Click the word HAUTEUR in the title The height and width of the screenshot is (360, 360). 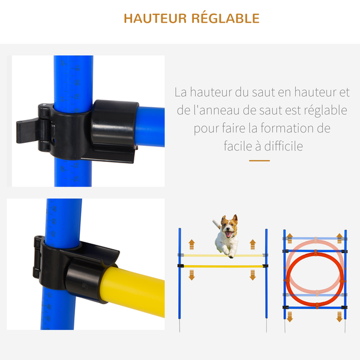coord(154,18)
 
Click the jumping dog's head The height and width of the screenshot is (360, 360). coord(229,226)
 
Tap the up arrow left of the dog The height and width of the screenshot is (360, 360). coord(192,244)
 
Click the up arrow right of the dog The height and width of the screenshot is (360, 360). coord(251,244)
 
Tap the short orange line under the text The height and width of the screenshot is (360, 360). coord(259,160)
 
